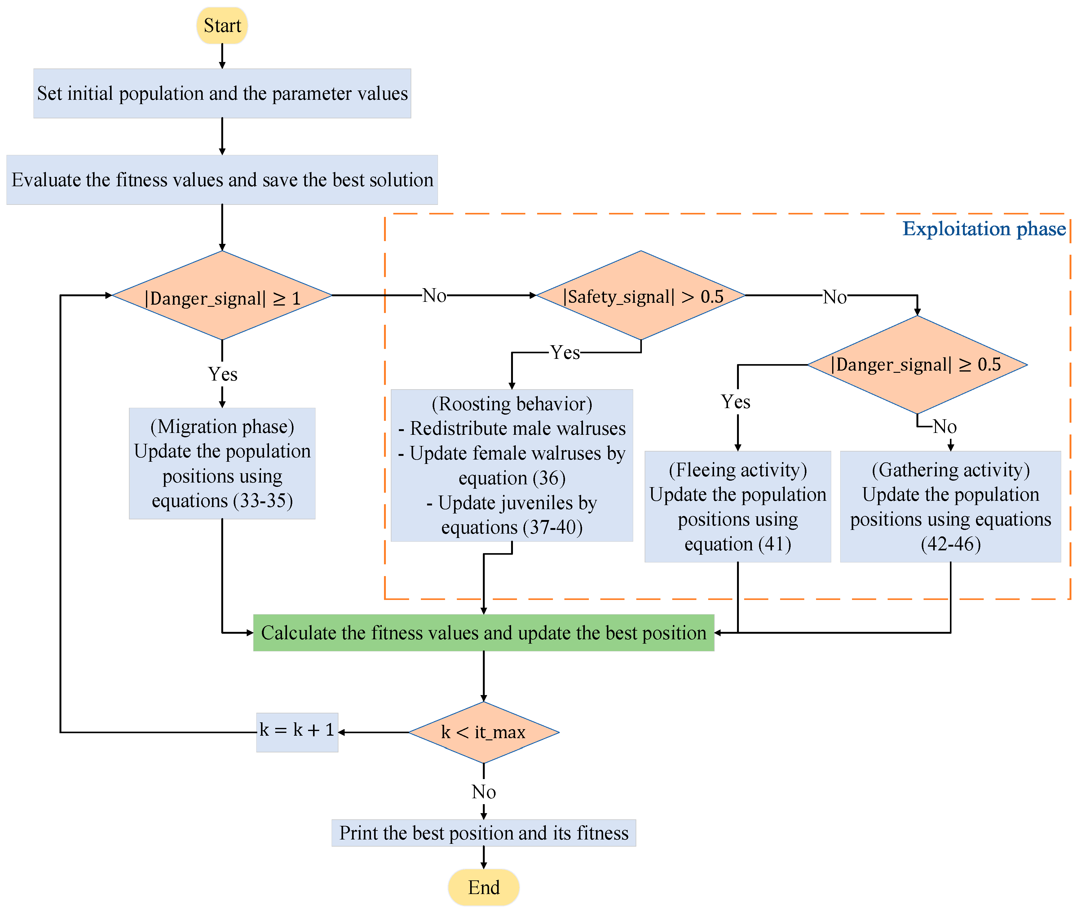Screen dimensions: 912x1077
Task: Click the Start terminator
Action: pyautogui.click(x=222, y=25)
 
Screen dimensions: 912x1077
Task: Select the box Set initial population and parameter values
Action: pyautogui.click(x=222, y=94)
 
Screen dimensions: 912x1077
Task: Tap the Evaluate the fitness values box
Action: pyautogui.click(x=222, y=180)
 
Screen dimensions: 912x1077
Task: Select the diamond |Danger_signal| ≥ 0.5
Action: pyautogui.click(x=917, y=364)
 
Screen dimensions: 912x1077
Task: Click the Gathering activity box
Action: pyautogui.click(x=950, y=507)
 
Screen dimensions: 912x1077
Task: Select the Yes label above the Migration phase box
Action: pyautogui.click(x=222, y=374)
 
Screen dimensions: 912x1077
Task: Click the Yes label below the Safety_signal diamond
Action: pyautogui.click(x=565, y=353)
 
